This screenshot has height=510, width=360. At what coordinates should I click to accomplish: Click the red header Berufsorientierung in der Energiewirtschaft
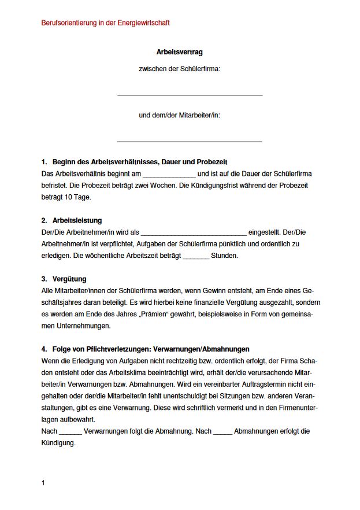106,23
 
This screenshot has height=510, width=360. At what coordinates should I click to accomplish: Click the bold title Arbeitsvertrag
179,52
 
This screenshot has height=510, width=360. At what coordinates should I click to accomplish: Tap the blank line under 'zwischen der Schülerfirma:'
190,94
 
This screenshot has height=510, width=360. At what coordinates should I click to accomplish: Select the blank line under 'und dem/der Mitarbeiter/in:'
190,141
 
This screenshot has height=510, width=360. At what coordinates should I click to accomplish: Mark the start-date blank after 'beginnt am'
169,174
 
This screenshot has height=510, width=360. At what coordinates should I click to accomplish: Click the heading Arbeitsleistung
77,220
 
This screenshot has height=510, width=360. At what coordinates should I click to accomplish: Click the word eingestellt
266,232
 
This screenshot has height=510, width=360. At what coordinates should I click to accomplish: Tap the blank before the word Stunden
196,256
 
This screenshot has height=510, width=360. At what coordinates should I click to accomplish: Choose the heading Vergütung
69,279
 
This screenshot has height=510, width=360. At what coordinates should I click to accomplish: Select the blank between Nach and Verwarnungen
70,432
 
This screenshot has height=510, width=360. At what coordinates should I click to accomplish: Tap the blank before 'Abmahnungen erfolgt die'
222,432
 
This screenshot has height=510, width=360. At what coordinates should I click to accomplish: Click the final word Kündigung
59,443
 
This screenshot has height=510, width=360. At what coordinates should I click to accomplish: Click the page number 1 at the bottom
43,483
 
